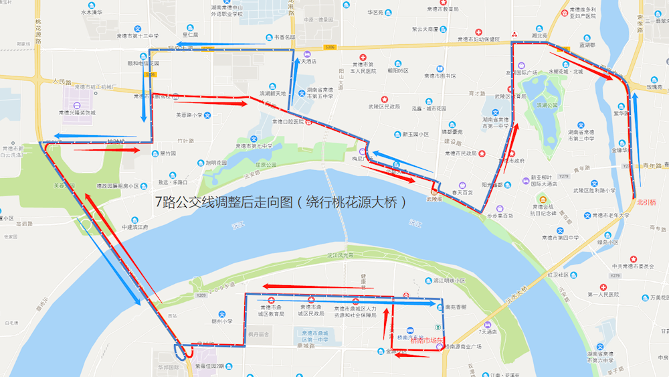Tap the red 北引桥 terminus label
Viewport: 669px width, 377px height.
point(647,202)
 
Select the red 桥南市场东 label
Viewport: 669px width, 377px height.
point(427,341)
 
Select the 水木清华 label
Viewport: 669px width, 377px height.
point(92,12)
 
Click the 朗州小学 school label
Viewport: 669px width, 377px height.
point(222,321)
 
